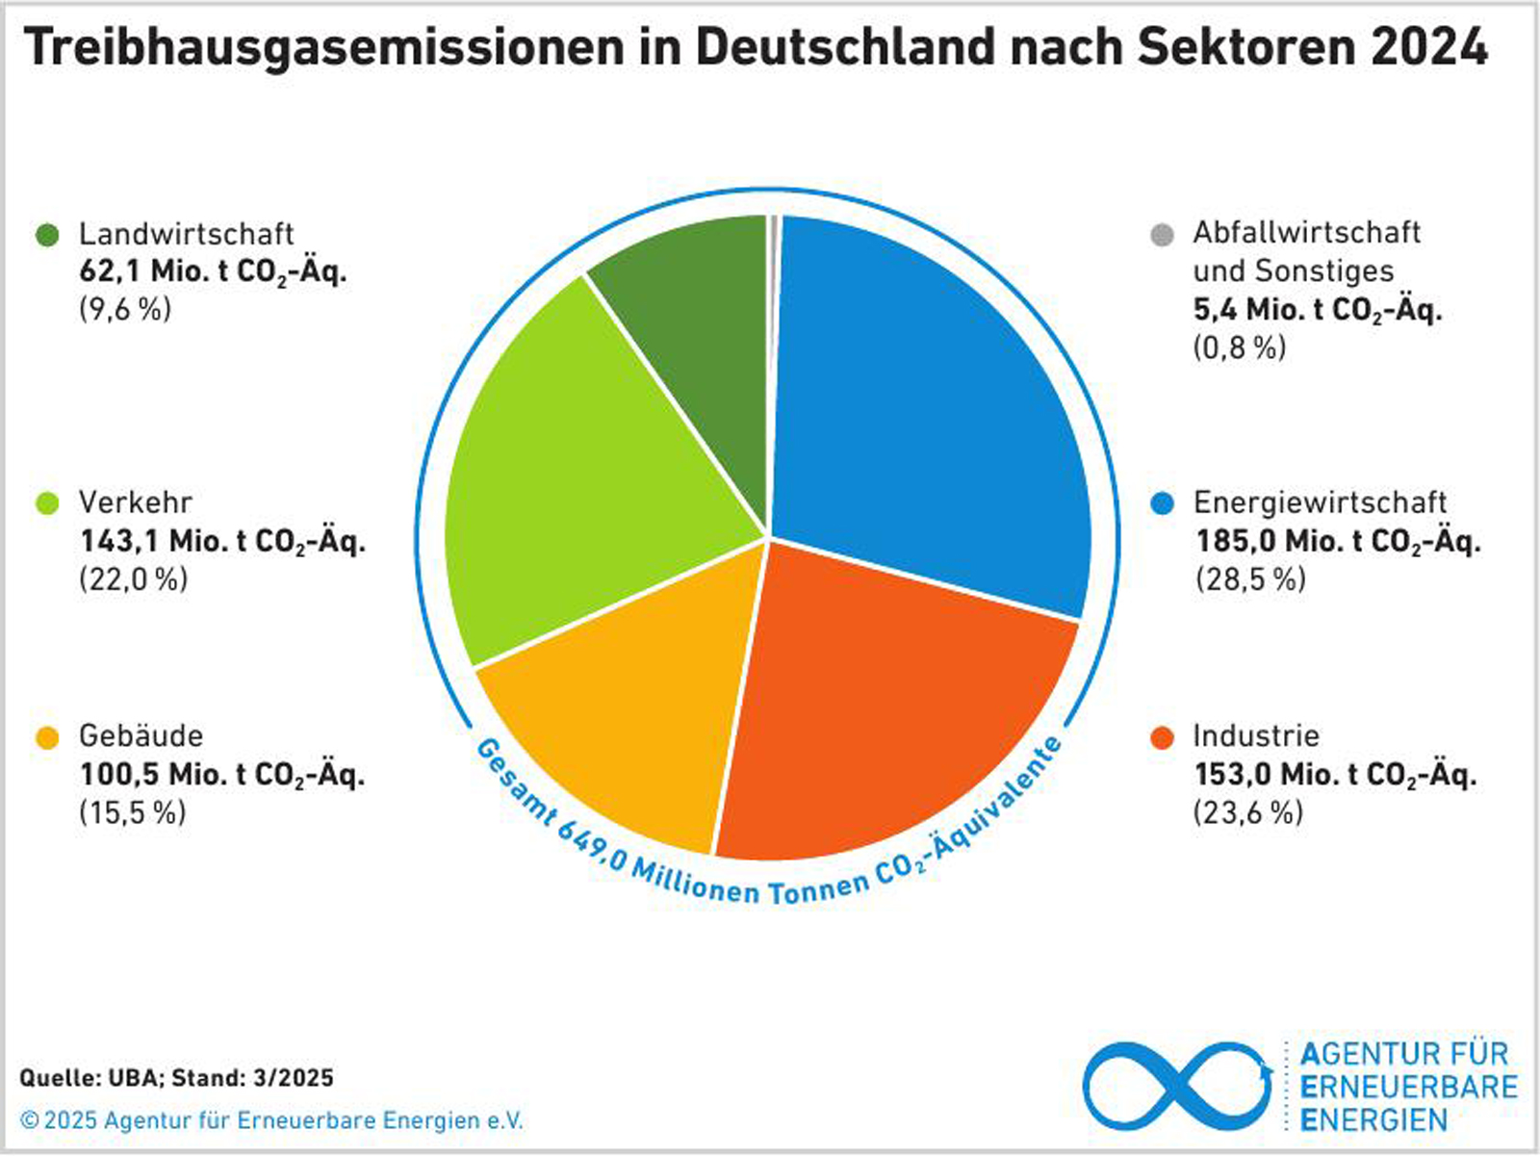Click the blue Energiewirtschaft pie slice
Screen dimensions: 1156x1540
(x=924, y=404)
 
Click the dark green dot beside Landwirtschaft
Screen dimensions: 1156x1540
(x=47, y=235)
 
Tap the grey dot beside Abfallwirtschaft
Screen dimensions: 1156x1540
(x=1162, y=235)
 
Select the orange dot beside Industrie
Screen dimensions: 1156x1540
(x=1162, y=737)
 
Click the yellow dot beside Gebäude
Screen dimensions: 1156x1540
(x=47, y=737)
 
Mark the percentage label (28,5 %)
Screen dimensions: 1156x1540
(x=1250, y=579)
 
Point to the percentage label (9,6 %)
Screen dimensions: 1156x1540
(x=125, y=309)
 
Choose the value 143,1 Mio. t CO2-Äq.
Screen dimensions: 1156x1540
(x=222, y=542)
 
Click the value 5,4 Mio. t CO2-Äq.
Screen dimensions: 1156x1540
(x=1317, y=310)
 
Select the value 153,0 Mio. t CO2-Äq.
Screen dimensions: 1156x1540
(x=1335, y=775)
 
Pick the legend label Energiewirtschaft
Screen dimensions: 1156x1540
(x=1320, y=502)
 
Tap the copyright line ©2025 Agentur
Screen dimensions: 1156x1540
(x=272, y=1121)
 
